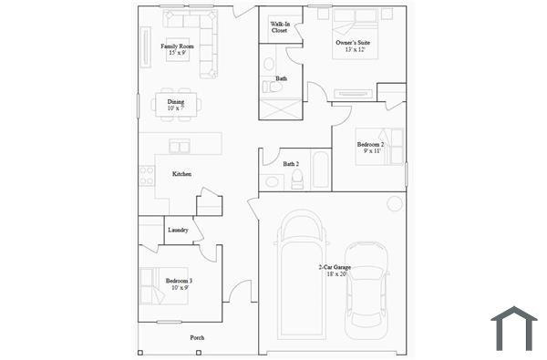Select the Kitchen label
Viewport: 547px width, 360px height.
(x=181, y=174)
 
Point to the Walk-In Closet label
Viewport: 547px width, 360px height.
(x=279, y=27)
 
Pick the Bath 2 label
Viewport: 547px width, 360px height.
(x=291, y=164)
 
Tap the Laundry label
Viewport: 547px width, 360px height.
(x=178, y=230)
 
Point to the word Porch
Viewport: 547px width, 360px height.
(x=197, y=338)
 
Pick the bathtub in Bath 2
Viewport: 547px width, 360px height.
(x=320, y=170)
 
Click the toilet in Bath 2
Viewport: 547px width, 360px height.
(x=297, y=180)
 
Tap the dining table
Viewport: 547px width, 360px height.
(x=175, y=106)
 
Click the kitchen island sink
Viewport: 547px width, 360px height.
(x=180, y=146)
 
